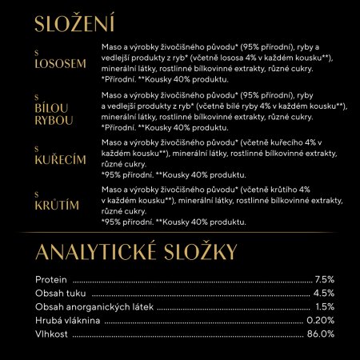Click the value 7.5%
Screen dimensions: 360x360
[324, 279]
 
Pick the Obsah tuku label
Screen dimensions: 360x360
[60, 293]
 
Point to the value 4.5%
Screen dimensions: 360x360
[324, 293]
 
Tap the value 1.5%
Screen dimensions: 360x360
[324, 306]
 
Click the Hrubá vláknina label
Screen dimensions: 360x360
[68, 320]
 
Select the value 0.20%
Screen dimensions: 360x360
[321, 320]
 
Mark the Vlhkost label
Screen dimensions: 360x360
[52, 334]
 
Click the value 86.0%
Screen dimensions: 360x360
[321, 334]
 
